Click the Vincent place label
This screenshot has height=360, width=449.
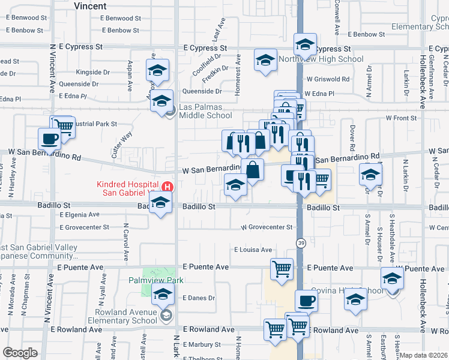coord(90,5)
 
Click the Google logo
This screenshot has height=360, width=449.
coord(20,353)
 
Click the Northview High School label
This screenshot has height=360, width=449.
coord(321,59)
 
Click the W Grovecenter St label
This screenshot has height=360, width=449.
coord(267,227)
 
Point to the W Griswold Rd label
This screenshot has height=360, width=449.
coord(328,79)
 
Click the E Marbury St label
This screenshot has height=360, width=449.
coord(202,344)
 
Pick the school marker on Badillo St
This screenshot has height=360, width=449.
coord(160,205)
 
